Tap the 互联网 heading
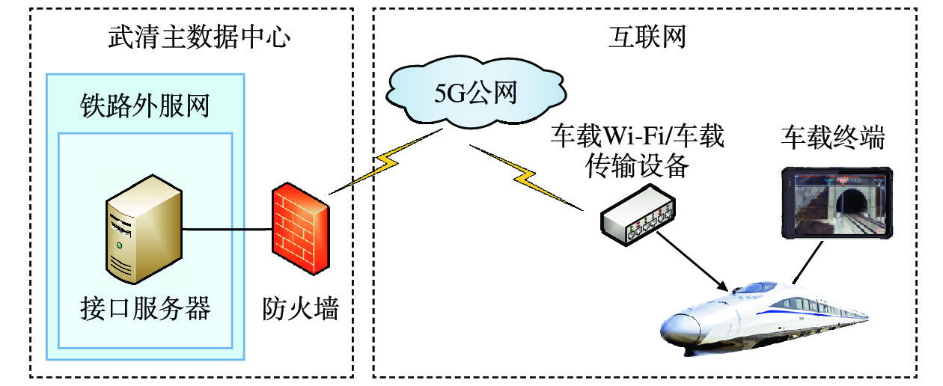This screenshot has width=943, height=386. [646, 37]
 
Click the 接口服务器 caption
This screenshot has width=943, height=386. [145, 308]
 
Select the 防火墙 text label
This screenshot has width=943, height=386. [300, 308]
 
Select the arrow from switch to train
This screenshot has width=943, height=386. [692, 261]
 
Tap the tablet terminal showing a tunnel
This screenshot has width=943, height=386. [836, 203]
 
